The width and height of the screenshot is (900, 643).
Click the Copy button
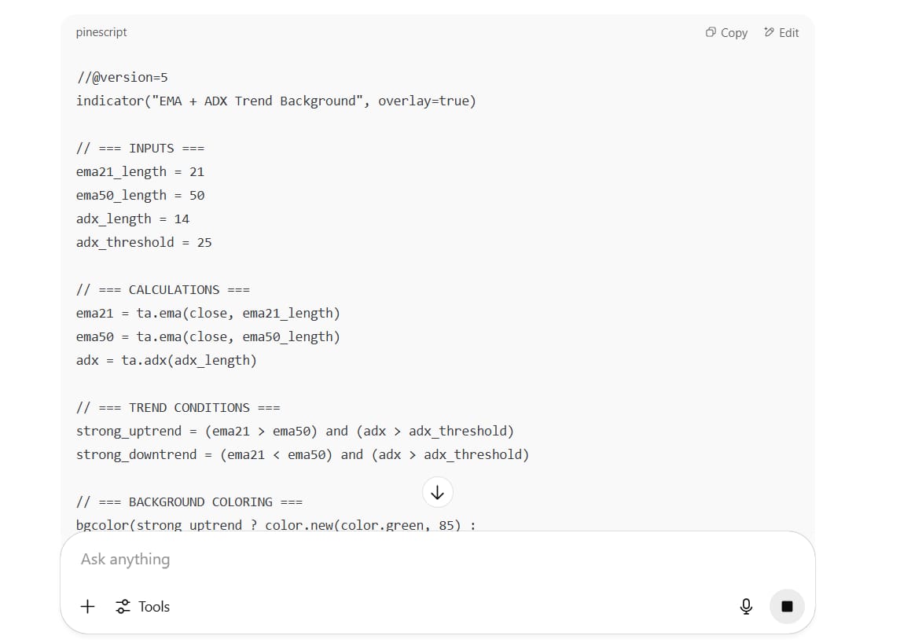point(726,33)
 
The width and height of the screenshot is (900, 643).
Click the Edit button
point(781,33)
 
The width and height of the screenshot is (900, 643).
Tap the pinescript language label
point(101,32)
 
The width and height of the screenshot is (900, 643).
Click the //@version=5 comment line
point(123,78)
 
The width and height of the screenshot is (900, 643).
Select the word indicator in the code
point(109,101)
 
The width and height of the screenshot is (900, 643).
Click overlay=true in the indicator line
point(424,101)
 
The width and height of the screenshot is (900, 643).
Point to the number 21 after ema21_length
point(197,171)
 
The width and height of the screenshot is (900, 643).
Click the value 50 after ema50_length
point(197,195)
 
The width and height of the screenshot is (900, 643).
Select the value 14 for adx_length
point(182,219)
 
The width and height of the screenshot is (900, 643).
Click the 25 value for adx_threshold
point(204,242)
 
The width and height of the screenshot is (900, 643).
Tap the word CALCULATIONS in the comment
point(174,290)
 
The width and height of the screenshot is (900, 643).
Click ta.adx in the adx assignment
point(144,361)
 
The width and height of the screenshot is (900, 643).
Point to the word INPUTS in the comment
point(152,148)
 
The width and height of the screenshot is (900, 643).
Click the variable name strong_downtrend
point(136,454)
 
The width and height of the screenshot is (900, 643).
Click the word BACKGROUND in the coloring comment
point(167,502)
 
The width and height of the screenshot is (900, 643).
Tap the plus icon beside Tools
point(88,606)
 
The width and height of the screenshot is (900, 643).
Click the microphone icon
point(746,606)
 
